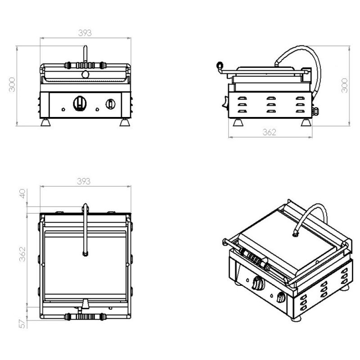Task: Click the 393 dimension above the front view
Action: coord(85,33)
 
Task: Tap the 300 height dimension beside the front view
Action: coord(12,85)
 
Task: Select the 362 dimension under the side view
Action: coord(269,132)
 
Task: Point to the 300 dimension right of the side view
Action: coord(345,85)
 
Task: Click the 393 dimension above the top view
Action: coord(84,181)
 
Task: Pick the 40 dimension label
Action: coord(22,193)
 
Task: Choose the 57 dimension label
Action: coord(22,324)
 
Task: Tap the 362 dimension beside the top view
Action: coord(22,254)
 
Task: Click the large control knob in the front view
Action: coord(80,103)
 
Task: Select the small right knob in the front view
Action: coord(110,104)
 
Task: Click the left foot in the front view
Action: coord(45,122)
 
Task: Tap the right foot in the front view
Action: coord(125,122)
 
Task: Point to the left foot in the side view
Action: coord(238,122)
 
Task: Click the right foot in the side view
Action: coord(306,122)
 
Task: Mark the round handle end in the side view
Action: coord(220,65)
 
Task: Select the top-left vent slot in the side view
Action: coord(242,98)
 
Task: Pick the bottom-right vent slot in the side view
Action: coord(300,111)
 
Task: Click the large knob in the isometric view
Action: coord(257,283)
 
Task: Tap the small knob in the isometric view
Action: coord(281,297)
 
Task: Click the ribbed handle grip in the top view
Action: coord(85,317)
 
